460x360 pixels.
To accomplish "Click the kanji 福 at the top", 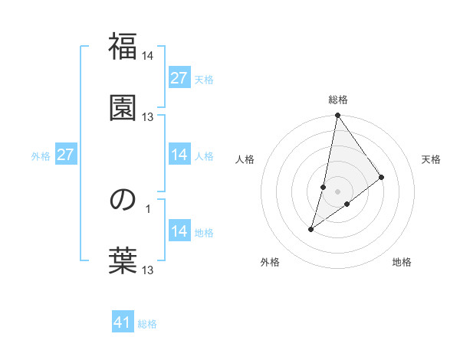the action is (123, 47).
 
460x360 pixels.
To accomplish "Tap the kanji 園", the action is (123, 107).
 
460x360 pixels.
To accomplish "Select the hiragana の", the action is (123, 201).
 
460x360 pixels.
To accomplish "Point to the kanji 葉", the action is (123, 260).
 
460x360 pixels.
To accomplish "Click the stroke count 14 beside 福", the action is (148, 56).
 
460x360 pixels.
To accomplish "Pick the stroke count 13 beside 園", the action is (148, 116).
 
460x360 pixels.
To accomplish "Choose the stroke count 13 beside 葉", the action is (148, 270).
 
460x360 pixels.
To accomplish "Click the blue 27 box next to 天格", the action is (179, 78).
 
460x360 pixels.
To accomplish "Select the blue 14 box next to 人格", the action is (179, 155).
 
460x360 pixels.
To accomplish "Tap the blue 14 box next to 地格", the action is (179, 231).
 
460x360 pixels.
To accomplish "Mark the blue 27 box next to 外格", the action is (66, 155).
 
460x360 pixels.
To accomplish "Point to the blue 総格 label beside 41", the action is (147, 324).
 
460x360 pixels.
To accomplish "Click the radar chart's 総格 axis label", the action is (338, 100).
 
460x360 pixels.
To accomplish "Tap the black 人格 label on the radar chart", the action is (245, 159).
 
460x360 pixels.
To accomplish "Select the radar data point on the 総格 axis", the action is (338, 116).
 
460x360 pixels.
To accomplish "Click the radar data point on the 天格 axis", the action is (382, 177).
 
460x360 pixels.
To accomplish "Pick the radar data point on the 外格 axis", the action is (311, 228).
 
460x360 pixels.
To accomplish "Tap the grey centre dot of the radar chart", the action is (338, 191).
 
